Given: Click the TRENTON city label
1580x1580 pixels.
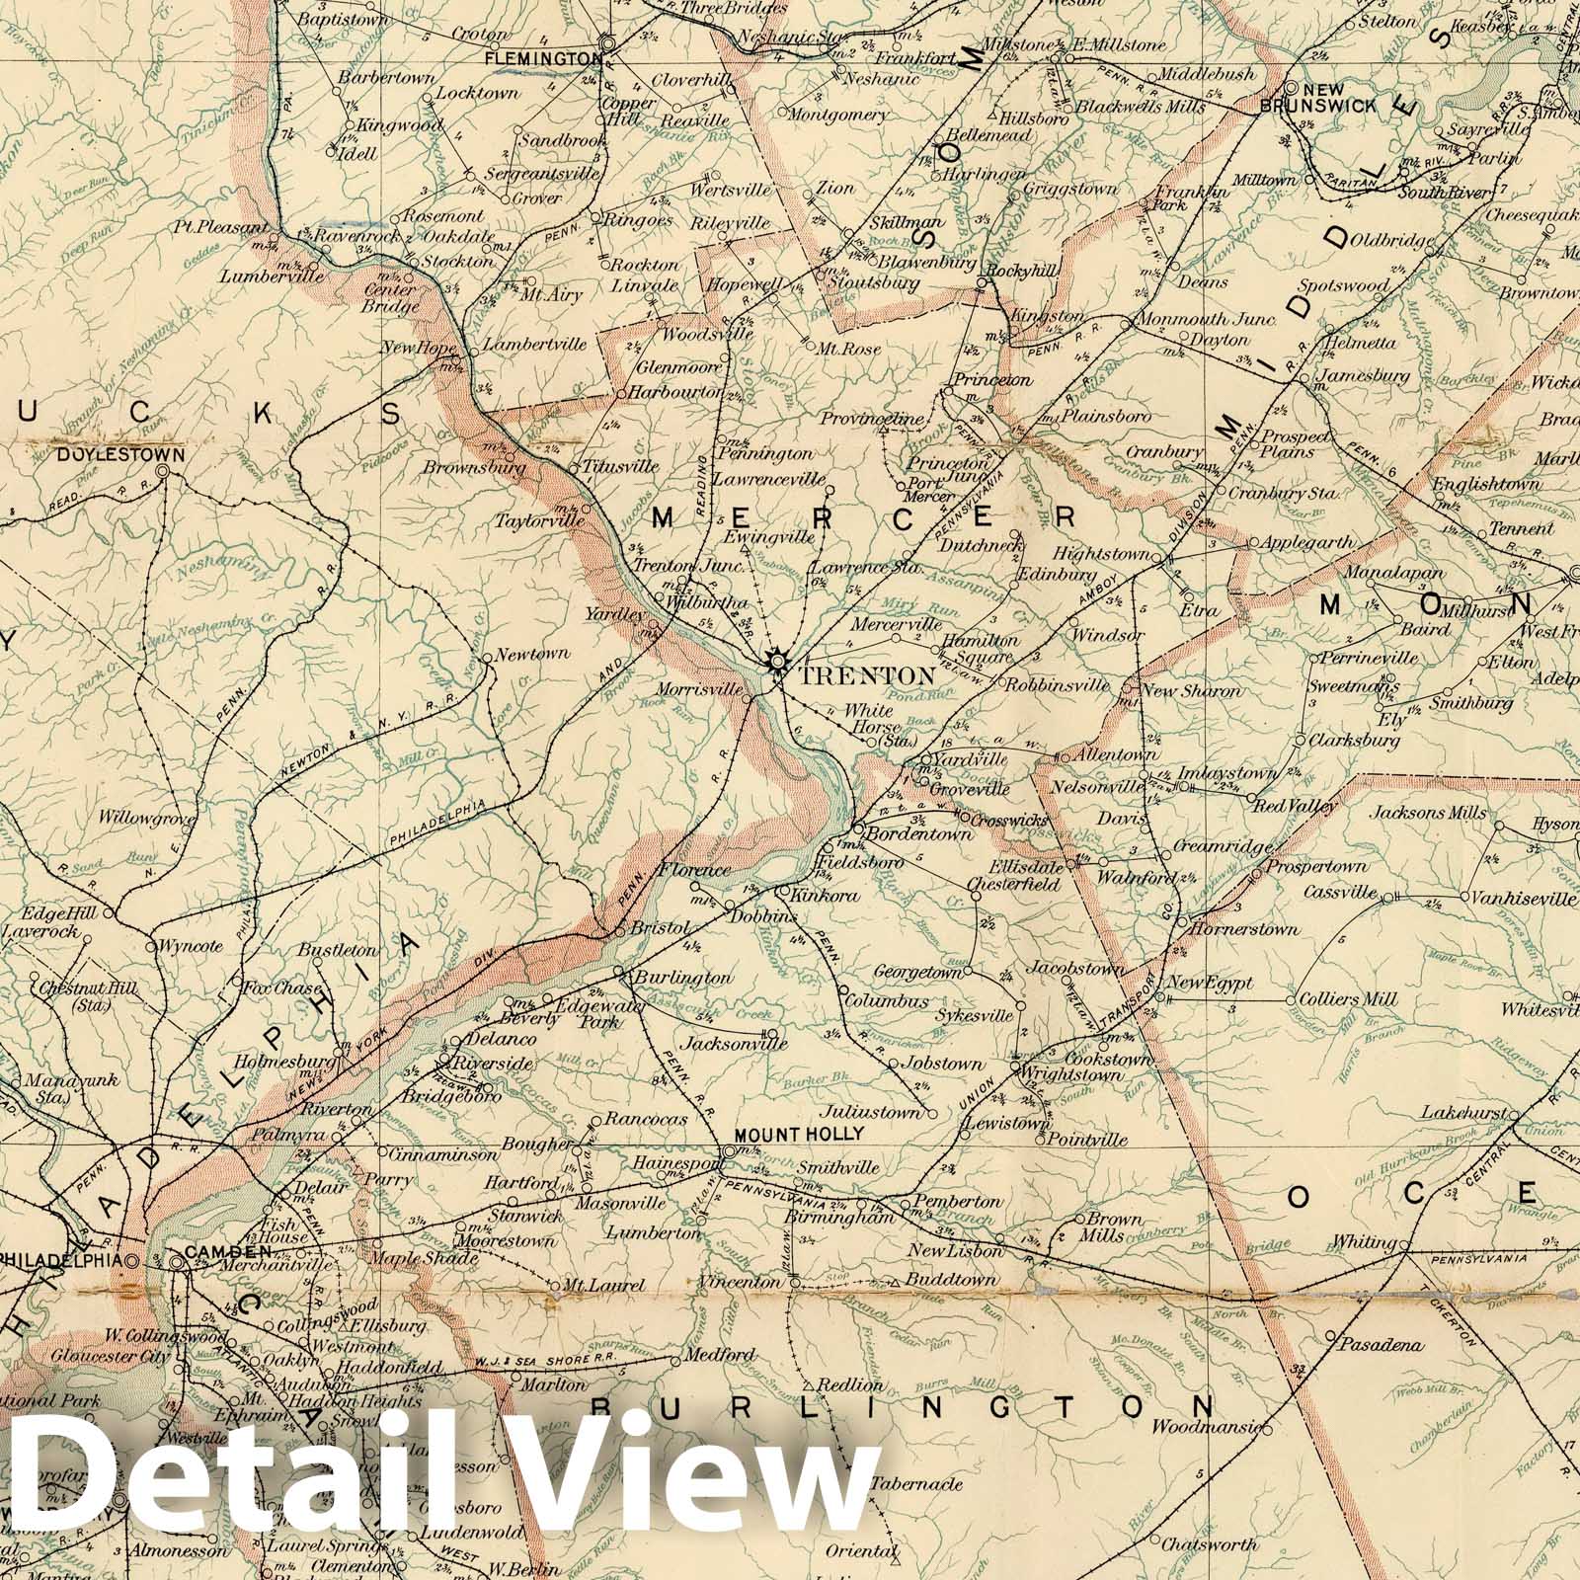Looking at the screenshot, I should [867, 676].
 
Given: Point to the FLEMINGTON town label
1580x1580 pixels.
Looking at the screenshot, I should [543, 59].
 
